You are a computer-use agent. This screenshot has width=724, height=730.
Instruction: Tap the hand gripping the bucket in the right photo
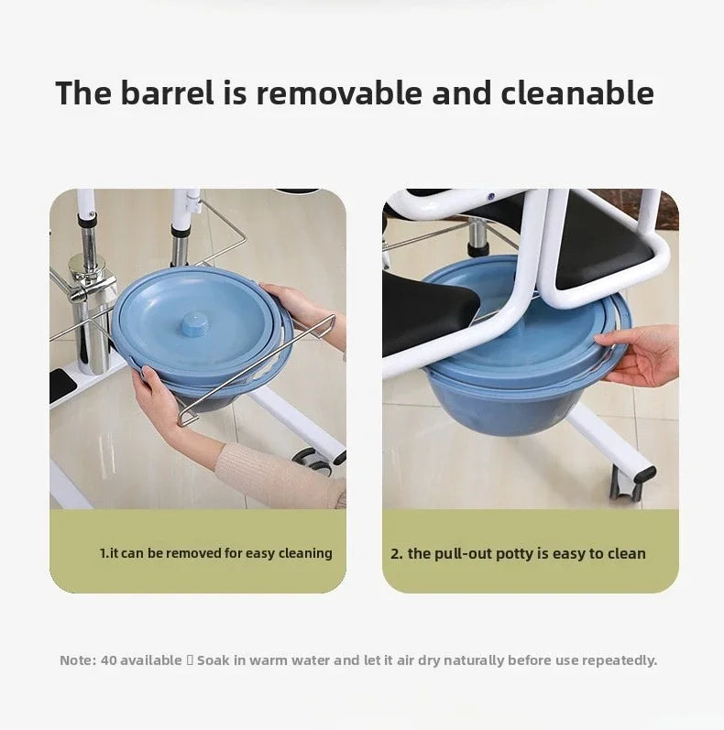click(641, 353)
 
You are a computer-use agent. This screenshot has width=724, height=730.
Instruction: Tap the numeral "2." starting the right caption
click(397, 553)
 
